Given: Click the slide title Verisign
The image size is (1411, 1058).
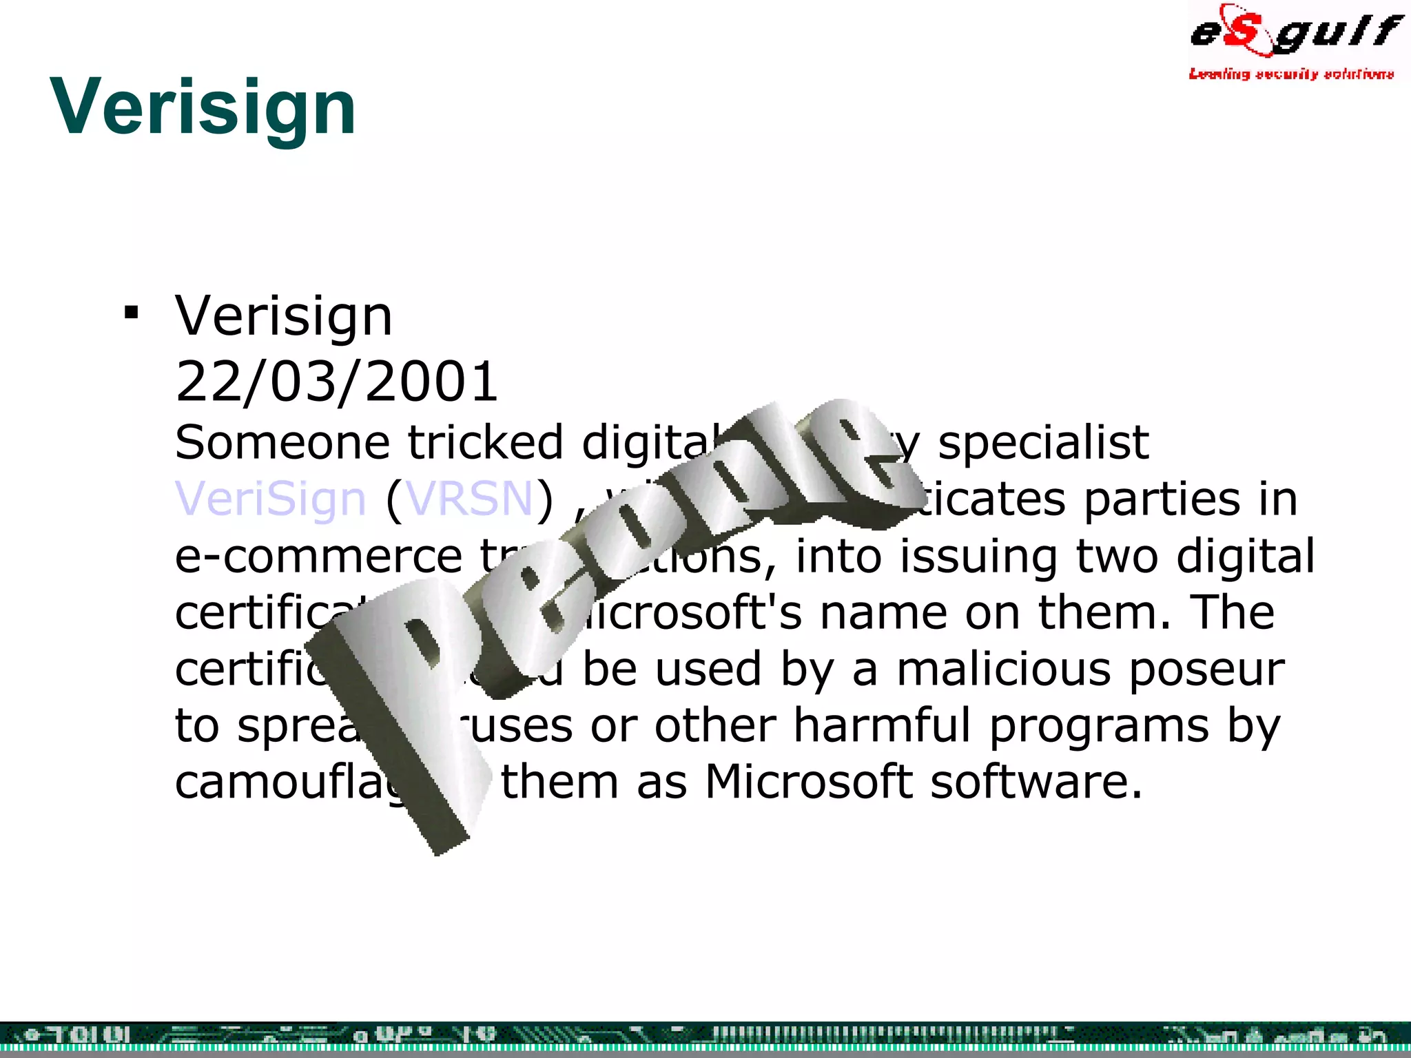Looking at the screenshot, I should (203, 107).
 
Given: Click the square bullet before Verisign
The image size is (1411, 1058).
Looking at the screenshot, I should (131, 313).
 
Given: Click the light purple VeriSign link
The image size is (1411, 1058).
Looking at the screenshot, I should (270, 499).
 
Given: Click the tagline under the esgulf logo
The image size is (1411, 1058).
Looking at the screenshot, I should (1291, 74).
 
